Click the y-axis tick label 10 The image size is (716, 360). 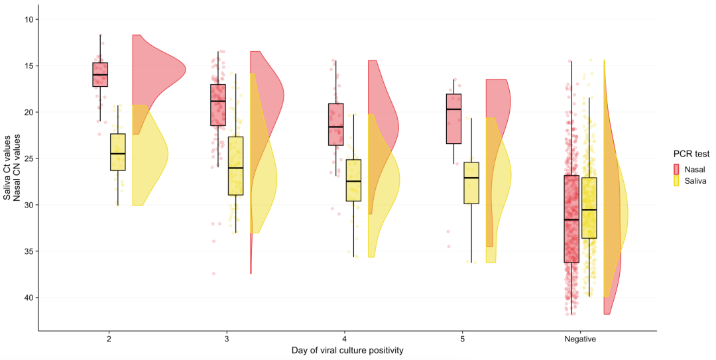(30, 19)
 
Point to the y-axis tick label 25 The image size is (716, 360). (30, 158)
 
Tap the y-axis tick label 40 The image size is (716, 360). (30, 298)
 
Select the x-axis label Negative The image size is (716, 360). (580, 339)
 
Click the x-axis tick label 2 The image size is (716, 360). (109, 339)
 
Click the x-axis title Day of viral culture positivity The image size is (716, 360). (347, 351)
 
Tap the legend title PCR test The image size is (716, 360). (691, 154)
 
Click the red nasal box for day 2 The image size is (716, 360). (100, 74)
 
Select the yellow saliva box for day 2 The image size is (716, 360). (118, 152)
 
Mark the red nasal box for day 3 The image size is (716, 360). (218, 105)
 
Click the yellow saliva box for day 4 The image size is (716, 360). (353, 180)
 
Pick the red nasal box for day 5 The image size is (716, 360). (453, 119)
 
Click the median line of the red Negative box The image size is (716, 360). (571, 219)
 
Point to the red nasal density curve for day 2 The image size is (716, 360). (159, 84)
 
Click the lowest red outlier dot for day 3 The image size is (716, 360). (213, 274)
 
